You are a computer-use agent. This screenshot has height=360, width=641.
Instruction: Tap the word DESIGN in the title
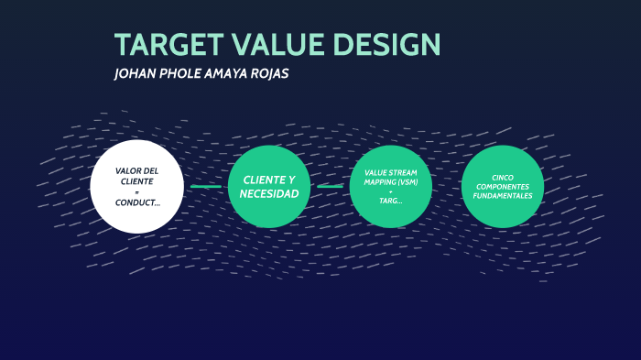click(386, 44)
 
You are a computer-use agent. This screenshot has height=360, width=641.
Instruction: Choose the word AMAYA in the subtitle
click(227, 74)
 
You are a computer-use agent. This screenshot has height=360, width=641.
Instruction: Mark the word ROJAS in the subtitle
click(270, 74)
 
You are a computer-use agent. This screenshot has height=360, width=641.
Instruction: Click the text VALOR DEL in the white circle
click(136, 171)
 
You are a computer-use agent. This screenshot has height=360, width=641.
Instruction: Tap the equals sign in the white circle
click(136, 191)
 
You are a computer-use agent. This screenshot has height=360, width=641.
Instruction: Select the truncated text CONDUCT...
click(136, 202)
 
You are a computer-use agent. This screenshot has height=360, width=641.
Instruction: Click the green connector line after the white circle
click(205, 187)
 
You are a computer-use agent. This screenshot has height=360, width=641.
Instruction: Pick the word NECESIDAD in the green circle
click(269, 193)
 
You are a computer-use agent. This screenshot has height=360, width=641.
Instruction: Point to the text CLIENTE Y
click(269, 180)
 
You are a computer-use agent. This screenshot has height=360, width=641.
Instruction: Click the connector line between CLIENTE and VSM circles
click(330, 187)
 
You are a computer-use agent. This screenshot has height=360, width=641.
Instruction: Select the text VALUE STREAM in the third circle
click(390, 171)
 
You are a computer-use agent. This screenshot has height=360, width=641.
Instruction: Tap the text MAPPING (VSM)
click(390, 180)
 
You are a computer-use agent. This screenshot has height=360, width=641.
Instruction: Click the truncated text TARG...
click(390, 201)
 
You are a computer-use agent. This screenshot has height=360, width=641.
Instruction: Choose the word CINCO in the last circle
click(503, 177)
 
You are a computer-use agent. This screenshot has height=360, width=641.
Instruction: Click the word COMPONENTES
click(503, 186)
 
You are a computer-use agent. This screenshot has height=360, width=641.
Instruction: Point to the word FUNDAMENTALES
click(503, 195)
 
